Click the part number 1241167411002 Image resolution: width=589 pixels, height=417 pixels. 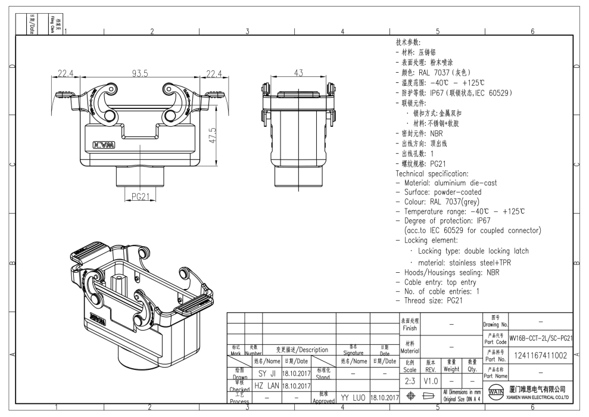(x=541, y=355)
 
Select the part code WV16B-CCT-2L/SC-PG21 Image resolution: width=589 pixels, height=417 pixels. (x=541, y=338)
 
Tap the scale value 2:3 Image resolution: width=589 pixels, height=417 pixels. (x=410, y=380)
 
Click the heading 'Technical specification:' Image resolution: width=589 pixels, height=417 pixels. (x=432, y=173)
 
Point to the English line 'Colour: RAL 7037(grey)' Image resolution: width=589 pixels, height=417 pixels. (x=447, y=202)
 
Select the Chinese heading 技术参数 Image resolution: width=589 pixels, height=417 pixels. (x=408, y=42)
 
